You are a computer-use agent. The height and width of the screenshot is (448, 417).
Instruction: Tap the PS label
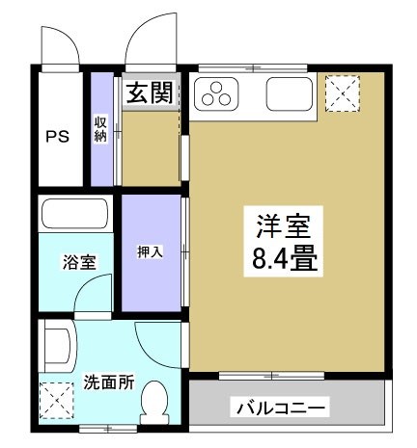coord(58,135)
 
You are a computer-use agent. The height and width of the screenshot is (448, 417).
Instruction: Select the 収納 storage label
coord(100,128)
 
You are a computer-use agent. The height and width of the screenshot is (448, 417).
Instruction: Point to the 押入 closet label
coord(150,251)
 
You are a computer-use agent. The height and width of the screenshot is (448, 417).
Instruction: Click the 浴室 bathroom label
coord(78,261)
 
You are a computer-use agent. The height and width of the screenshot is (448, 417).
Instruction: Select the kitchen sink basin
coord(287,93)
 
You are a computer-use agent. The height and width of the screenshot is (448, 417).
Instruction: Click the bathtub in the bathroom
coord(77,214)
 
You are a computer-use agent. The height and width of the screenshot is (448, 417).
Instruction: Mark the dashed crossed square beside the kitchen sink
coord(341,93)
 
